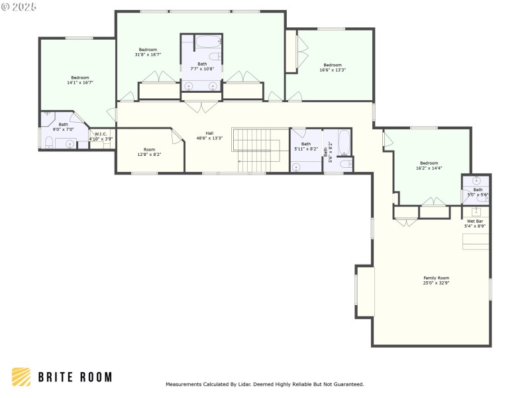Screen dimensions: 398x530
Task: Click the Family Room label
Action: point(437,280)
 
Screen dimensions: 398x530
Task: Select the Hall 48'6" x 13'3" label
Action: point(209,135)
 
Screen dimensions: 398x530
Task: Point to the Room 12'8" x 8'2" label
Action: point(149,152)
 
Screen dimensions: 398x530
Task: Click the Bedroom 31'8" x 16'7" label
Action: point(148,52)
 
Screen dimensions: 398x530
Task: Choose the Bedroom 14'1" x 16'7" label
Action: point(80,80)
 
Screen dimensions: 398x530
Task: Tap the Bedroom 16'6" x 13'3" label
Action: point(333,67)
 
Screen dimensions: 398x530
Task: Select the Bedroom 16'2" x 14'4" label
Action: point(429,166)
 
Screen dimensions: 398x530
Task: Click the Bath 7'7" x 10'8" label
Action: point(202,66)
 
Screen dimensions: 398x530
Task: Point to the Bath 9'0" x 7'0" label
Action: point(63,127)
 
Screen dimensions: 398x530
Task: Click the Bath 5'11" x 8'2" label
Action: point(305,147)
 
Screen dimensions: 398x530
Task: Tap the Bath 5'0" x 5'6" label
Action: point(478,192)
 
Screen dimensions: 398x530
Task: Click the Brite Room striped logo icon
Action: point(21,377)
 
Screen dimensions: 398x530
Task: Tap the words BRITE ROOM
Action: point(74,377)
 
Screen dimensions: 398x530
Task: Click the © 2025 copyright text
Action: point(20,6)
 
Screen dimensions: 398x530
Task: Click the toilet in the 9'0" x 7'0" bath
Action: point(48,141)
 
